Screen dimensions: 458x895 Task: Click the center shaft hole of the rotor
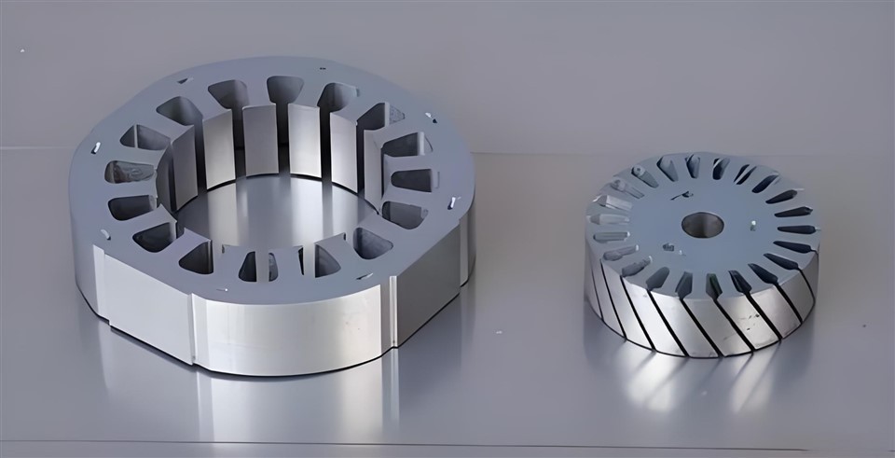[x=702, y=225]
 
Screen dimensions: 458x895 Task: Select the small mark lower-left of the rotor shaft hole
[x=668, y=248]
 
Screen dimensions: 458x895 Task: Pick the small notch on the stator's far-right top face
[x=450, y=202]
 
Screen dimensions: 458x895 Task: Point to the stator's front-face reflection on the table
[x=289, y=410]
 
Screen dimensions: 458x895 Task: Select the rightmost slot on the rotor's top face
[x=797, y=229]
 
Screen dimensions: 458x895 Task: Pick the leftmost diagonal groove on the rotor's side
[x=597, y=280]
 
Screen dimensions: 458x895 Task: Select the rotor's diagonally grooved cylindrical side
[x=709, y=317]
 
